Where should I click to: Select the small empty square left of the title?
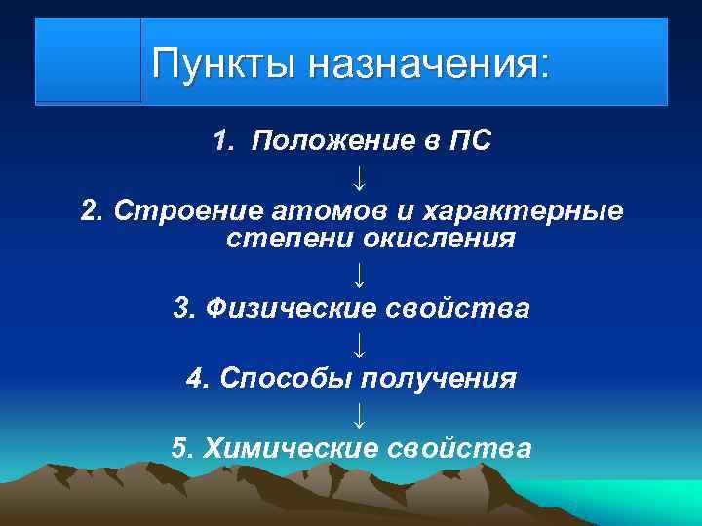[x=89, y=60]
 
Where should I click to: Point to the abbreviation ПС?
[x=469, y=142]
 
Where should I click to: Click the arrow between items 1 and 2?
[x=360, y=177]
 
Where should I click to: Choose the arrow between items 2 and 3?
[x=360, y=274]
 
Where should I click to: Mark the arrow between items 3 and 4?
[x=360, y=344]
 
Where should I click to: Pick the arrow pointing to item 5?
[x=360, y=414]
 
